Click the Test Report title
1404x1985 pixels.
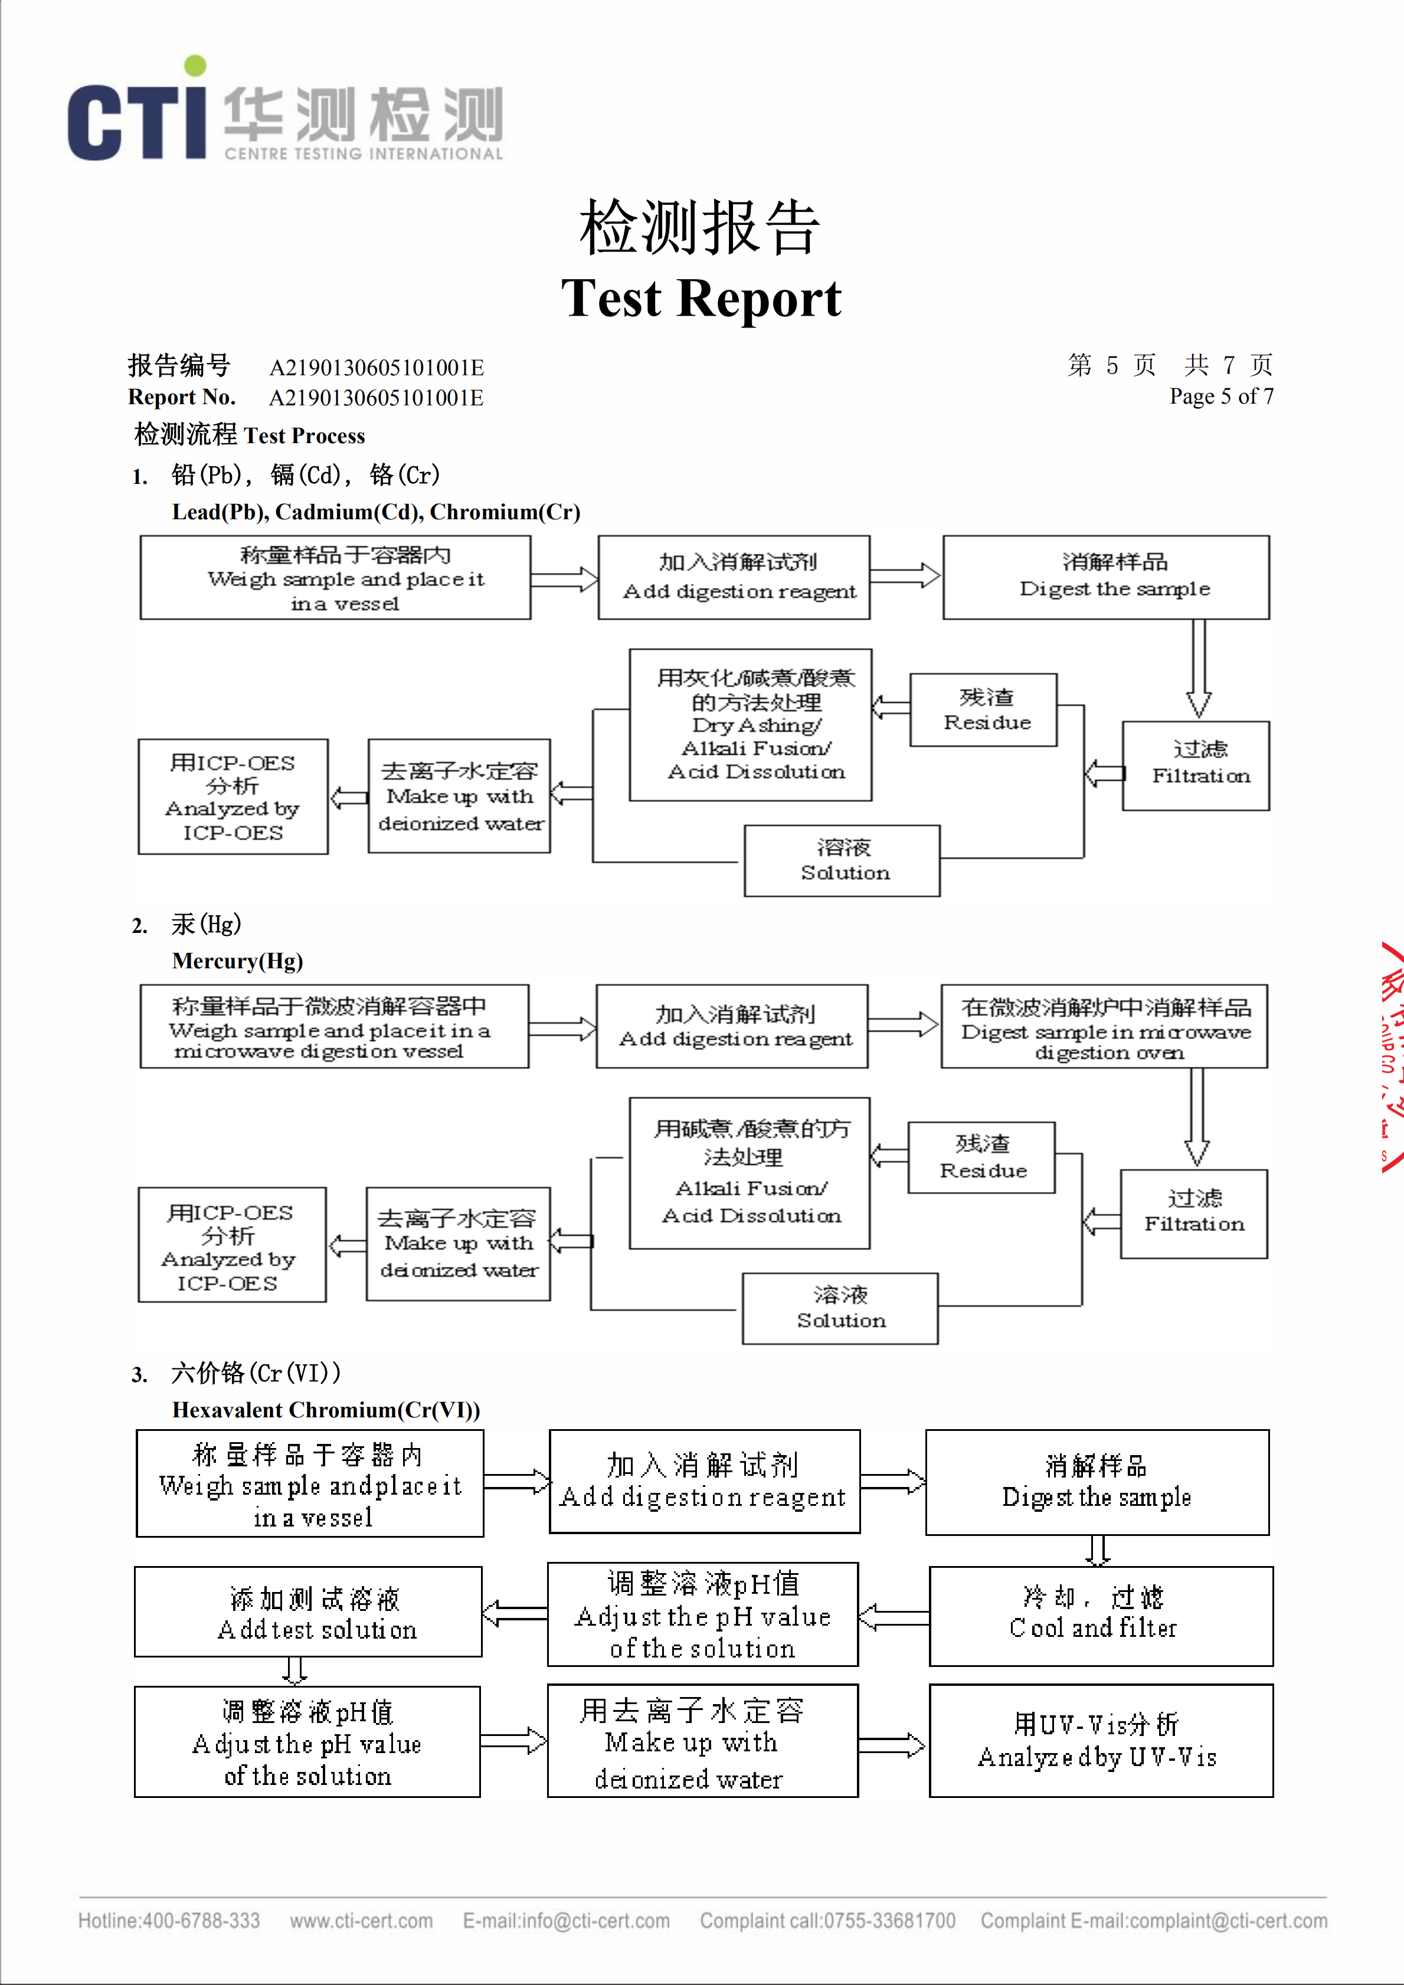pos(701,298)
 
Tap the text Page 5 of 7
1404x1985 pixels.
pos(1220,397)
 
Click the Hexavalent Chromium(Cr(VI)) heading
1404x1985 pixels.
pos(326,1410)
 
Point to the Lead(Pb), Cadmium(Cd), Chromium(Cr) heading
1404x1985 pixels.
pos(376,512)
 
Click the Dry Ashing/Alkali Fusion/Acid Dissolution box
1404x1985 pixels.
pos(751,725)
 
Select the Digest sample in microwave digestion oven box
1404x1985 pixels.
pos(1104,1027)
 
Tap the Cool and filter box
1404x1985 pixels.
pos(1101,1615)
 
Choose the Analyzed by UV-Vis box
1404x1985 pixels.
pos(1101,1740)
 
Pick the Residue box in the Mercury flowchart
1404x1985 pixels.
pos(981,1158)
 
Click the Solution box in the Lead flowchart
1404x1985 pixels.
pos(842,861)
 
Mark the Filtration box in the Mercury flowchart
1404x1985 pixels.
pos(1194,1214)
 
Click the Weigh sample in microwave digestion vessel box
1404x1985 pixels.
pos(335,1027)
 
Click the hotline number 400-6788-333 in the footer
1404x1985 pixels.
pos(201,1921)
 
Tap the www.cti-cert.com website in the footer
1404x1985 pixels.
pos(361,1921)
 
